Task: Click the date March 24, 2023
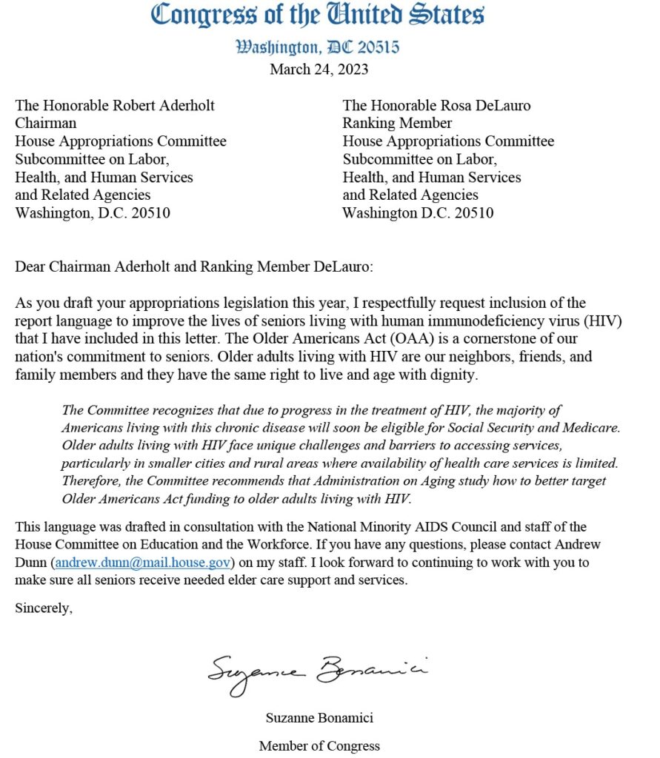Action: coord(319,70)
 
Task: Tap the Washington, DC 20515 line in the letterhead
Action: coord(318,47)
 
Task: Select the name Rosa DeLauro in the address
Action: coord(486,105)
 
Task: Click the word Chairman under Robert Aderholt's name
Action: coord(45,123)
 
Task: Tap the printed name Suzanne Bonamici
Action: coord(319,717)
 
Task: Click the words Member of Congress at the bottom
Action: coord(319,745)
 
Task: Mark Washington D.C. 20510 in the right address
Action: coord(418,213)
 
